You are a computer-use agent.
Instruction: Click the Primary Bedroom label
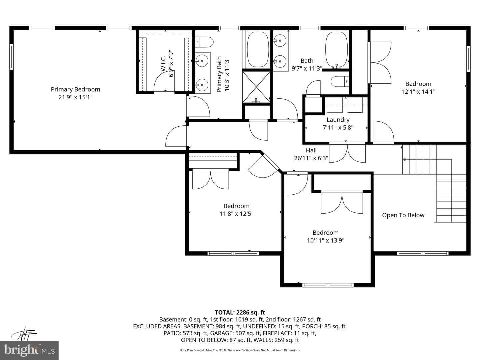(x=75, y=89)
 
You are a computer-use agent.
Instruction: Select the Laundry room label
(x=338, y=120)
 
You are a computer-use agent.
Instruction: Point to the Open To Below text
(x=403, y=215)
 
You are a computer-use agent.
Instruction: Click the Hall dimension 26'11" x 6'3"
(x=311, y=158)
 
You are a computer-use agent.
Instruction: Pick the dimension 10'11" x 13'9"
(x=325, y=240)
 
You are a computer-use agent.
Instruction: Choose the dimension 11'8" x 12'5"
(x=236, y=214)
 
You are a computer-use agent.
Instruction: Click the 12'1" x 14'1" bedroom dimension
(x=418, y=92)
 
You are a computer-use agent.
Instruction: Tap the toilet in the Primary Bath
(x=204, y=42)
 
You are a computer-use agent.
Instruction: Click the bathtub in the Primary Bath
(x=258, y=49)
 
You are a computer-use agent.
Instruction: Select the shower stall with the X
(x=257, y=87)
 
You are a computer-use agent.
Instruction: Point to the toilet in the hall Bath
(x=340, y=82)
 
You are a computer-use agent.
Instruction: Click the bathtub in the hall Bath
(x=336, y=50)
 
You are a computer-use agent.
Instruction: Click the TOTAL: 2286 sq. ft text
(x=240, y=313)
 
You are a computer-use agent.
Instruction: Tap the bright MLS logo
(x=29, y=350)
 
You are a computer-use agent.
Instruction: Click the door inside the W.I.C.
(x=164, y=82)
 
